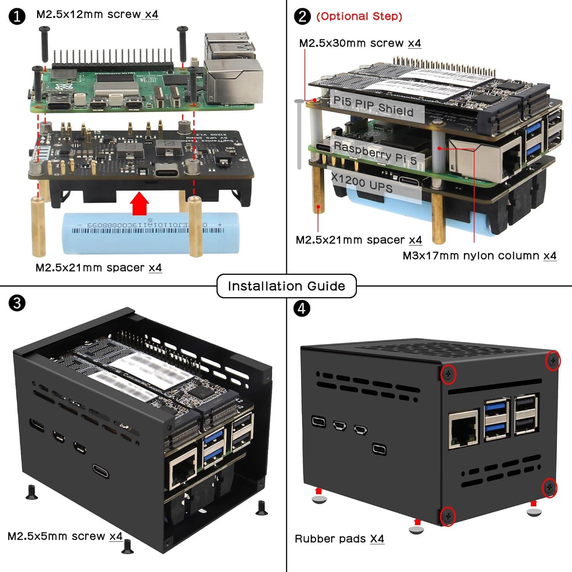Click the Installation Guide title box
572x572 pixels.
click(286, 286)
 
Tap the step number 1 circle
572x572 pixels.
click(17, 16)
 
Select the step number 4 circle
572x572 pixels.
click(302, 308)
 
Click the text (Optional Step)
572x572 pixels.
click(359, 16)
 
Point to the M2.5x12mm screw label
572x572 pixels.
click(97, 14)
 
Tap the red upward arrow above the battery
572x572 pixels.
click(140, 204)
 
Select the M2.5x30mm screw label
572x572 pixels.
click(360, 43)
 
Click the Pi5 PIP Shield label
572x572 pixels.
click(373, 106)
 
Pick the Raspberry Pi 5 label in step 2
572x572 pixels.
click(375, 153)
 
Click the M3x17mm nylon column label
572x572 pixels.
click(479, 255)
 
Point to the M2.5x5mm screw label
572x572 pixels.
click(65, 536)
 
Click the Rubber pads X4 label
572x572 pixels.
click(339, 539)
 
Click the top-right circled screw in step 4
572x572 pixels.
click(553, 360)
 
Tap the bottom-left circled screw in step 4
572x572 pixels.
click(448, 516)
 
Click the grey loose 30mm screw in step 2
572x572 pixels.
click(299, 133)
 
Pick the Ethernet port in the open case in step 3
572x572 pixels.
click(183, 473)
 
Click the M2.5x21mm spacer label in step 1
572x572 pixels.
click(98, 268)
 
